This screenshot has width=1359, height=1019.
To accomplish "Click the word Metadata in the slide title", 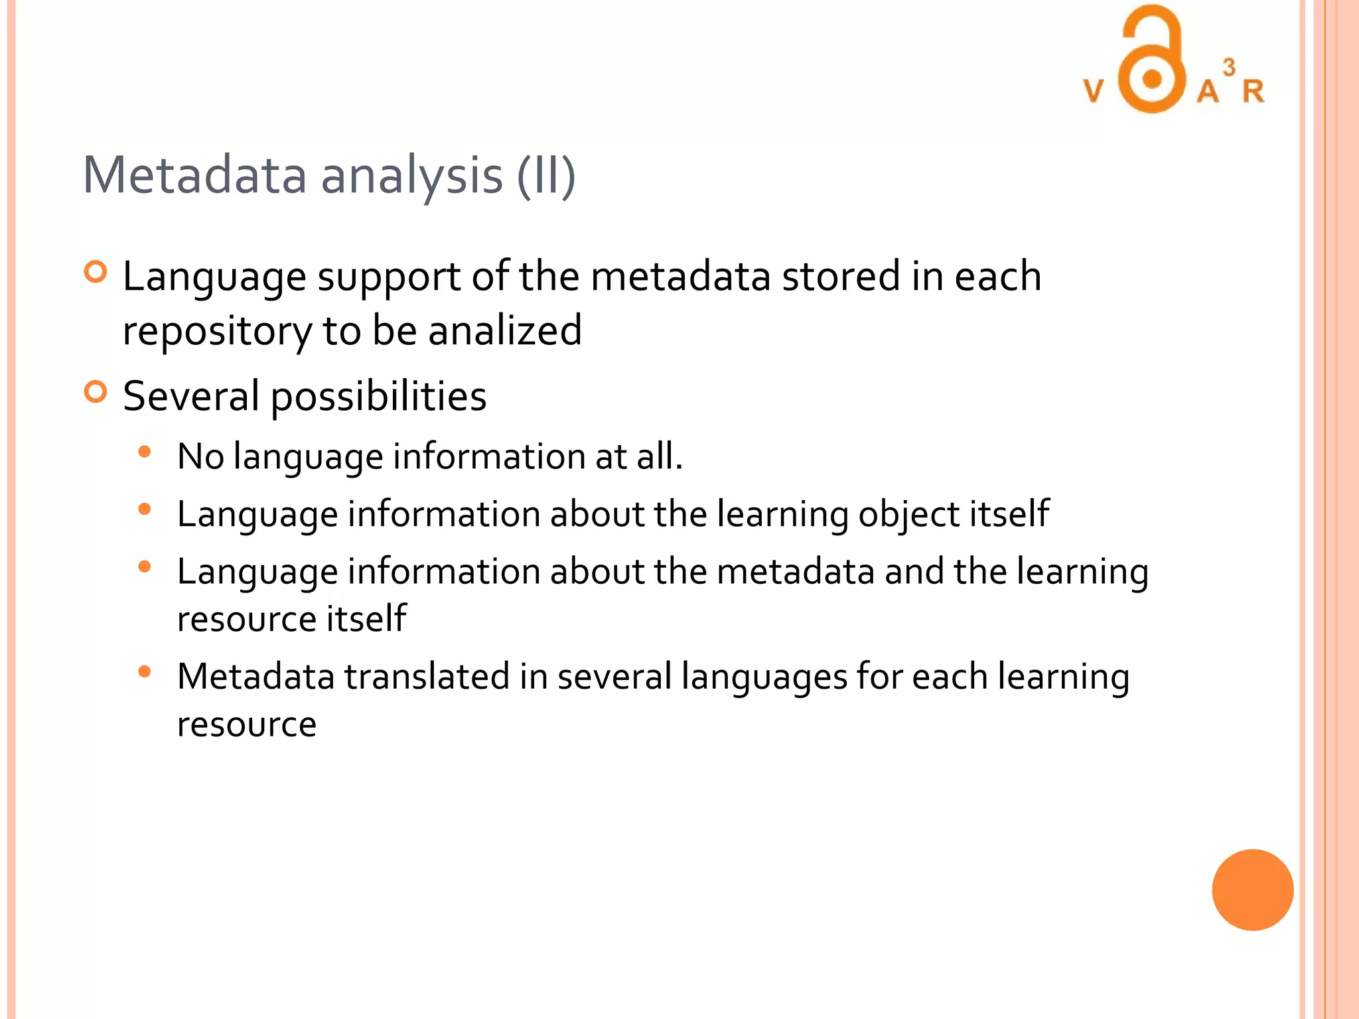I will pyautogui.click(x=194, y=175).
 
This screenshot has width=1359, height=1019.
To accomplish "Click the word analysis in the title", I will pyautogui.click(x=411, y=176).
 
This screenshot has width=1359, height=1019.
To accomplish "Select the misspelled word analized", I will pyautogui.click(x=505, y=330).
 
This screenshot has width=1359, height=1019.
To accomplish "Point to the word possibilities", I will pyautogui.click(x=379, y=397).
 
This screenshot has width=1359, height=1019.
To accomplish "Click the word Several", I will pyautogui.click(x=191, y=396).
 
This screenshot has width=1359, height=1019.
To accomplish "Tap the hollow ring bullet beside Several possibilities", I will pyautogui.click(x=96, y=392).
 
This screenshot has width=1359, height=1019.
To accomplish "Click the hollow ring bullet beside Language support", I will pyautogui.click(x=96, y=272).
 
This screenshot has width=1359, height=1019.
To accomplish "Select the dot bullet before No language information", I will pyautogui.click(x=144, y=452).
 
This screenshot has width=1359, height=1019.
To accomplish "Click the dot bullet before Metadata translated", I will pyautogui.click(x=144, y=672).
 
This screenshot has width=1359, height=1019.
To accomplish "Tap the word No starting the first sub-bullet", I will pyautogui.click(x=200, y=456).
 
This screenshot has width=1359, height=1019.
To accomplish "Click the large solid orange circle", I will pyautogui.click(x=1252, y=890).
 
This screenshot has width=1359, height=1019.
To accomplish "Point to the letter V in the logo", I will pyautogui.click(x=1094, y=91).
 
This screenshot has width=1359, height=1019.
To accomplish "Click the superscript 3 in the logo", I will pyautogui.click(x=1229, y=67).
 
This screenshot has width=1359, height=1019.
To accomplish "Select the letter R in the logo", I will pyautogui.click(x=1253, y=92).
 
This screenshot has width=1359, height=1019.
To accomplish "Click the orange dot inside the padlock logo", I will pyautogui.click(x=1153, y=80).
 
